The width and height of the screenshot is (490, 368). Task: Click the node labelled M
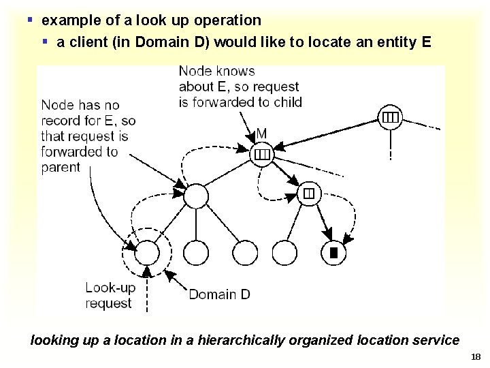262,155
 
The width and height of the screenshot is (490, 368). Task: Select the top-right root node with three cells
389,117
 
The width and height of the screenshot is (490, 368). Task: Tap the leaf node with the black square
333,254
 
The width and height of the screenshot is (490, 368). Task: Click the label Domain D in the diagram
219,294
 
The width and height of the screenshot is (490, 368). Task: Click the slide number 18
475,356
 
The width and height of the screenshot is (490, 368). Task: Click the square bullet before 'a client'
45,42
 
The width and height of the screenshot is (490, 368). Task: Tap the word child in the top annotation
287,102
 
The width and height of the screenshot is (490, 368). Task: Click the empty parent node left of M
196,196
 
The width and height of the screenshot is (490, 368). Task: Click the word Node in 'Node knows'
194,71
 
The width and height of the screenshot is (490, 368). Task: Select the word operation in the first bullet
228,20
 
